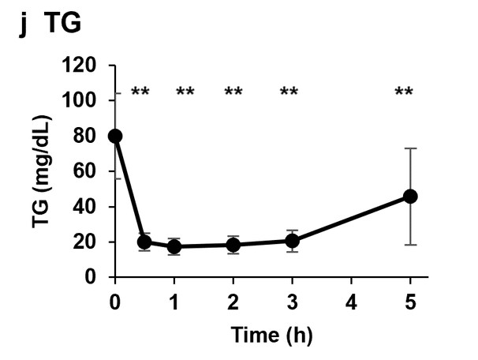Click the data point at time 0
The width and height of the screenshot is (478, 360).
pos(115,136)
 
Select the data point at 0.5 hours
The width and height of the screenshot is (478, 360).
pos(144,242)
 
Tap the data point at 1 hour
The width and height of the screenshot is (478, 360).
pos(174,246)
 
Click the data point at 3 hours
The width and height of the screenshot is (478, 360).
pos(292,241)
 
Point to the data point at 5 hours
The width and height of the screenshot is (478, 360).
pos(410,196)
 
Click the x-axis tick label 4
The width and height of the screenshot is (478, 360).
pos(351,302)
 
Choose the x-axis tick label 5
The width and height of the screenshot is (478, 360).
pos(410,302)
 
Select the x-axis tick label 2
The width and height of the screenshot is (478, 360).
pos(233,302)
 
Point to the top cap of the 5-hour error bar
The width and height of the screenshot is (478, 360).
pos(410,148)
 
